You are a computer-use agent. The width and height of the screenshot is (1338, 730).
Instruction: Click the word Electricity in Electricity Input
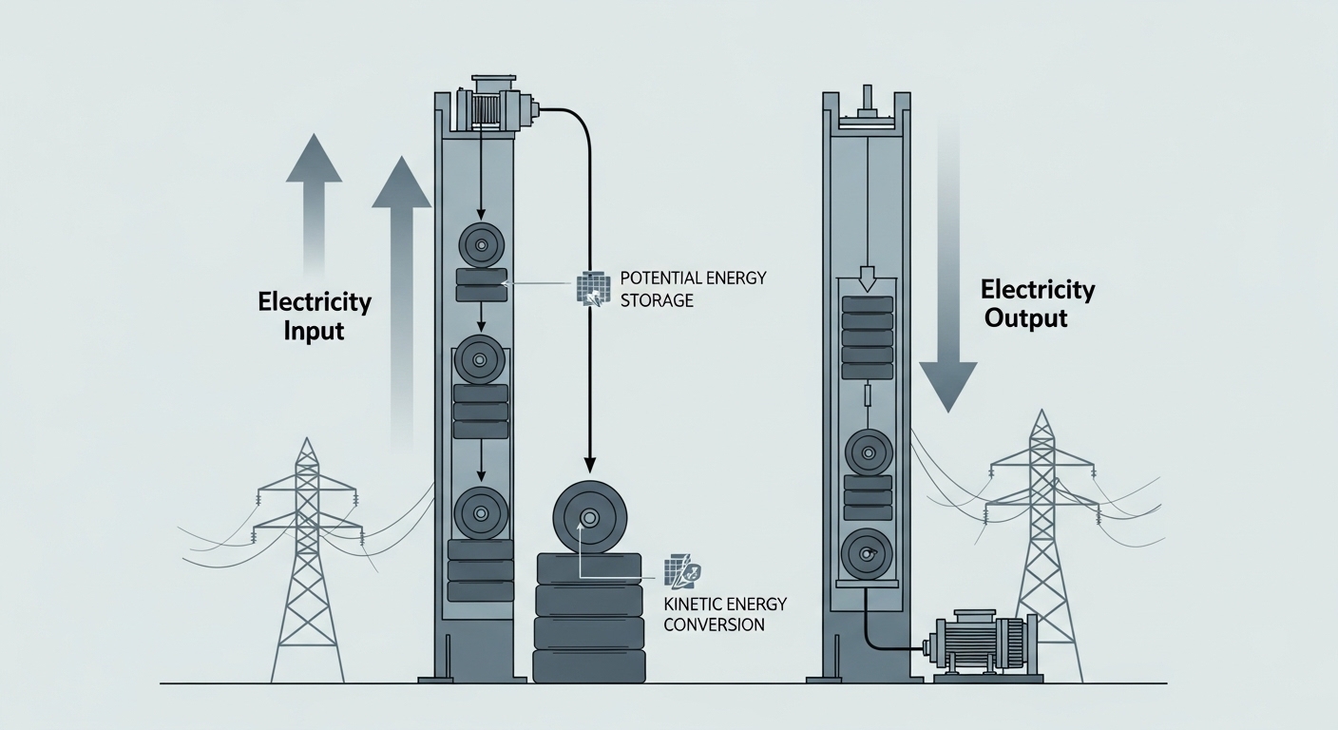(x=315, y=301)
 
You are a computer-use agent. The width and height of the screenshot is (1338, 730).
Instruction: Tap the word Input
(x=314, y=331)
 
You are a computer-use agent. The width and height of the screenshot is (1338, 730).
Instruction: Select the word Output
(x=1025, y=318)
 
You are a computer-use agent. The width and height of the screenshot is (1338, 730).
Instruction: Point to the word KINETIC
(x=694, y=604)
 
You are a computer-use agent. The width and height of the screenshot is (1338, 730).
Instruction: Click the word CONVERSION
(x=715, y=625)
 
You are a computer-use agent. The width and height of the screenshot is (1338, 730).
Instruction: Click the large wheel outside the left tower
(x=589, y=518)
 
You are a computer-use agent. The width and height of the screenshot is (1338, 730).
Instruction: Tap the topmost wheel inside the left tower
(x=482, y=245)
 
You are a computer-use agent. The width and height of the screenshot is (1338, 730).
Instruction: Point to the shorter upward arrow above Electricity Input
(x=315, y=203)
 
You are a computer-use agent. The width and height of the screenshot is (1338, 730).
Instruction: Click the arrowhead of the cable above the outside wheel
(x=589, y=464)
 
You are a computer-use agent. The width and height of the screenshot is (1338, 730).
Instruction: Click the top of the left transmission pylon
(x=306, y=438)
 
